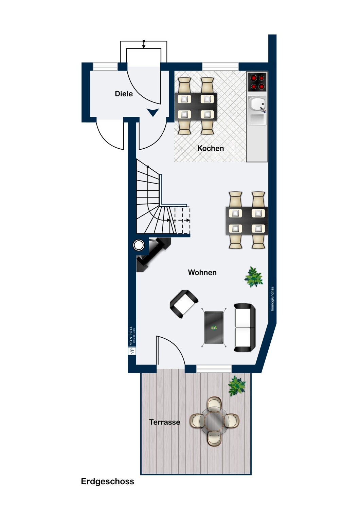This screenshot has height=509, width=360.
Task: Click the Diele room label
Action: pyautogui.click(x=124, y=94)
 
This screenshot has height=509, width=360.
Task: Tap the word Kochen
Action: pyautogui.click(x=210, y=148)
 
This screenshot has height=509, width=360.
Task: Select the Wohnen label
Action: pyautogui.click(x=202, y=272)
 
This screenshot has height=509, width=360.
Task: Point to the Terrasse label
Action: pyautogui.click(x=165, y=422)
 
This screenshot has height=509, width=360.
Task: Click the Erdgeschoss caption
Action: pyautogui.click(x=108, y=481)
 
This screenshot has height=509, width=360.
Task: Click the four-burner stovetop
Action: pyautogui.click(x=257, y=82)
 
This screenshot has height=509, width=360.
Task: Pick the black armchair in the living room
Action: pyautogui.click(x=184, y=304)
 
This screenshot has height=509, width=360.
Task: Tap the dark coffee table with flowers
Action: pyautogui.click(x=214, y=327)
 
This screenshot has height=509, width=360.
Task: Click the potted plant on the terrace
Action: pyautogui.click(x=237, y=386)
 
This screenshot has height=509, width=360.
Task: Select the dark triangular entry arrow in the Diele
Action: pyautogui.click(x=152, y=112)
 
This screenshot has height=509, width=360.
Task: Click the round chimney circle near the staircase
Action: pyautogui.click(x=139, y=245)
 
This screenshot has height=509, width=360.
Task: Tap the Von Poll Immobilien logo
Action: pyautogui.click(x=132, y=339)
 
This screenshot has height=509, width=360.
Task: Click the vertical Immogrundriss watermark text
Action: pyautogui.click(x=272, y=299)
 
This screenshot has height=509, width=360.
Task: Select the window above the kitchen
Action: pyautogui.click(x=220, y=67)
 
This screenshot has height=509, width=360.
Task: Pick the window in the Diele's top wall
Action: pyautogui.click(x=105, y=67)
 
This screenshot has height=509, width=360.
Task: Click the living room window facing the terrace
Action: pyautogui.click(x=214, y=369)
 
